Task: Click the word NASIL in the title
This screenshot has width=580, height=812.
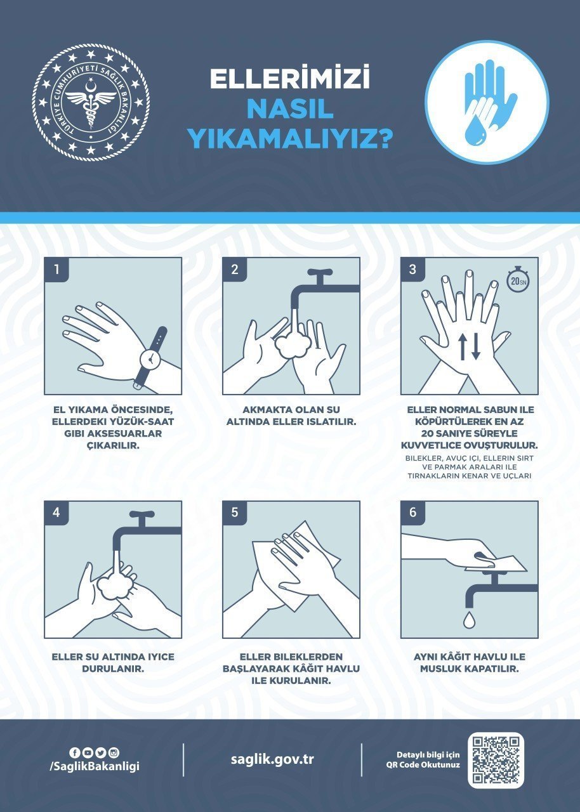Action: click(289, 109)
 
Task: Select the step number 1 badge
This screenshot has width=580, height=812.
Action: click(56, 269)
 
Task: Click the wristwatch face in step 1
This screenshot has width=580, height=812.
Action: click(151, 358)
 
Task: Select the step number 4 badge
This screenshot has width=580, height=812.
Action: click(56, 513)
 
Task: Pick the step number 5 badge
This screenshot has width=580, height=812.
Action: click(235, 513)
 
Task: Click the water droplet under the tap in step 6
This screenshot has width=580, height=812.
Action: click(468, 618)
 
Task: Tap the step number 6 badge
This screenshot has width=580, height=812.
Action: click(413, 513)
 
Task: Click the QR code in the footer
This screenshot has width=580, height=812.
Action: click(496, 760)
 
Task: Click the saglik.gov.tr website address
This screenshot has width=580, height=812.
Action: click(272, 759)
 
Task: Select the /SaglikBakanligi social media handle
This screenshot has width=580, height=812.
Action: click(94, 766)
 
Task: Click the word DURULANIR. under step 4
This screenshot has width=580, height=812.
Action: click(112, 669)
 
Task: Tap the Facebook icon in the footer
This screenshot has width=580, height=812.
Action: click(75, 753)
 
